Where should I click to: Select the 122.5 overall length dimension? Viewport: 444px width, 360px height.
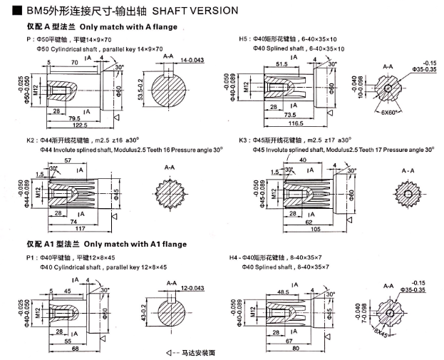(67, 125)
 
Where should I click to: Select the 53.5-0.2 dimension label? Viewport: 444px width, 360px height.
(140, 91)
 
